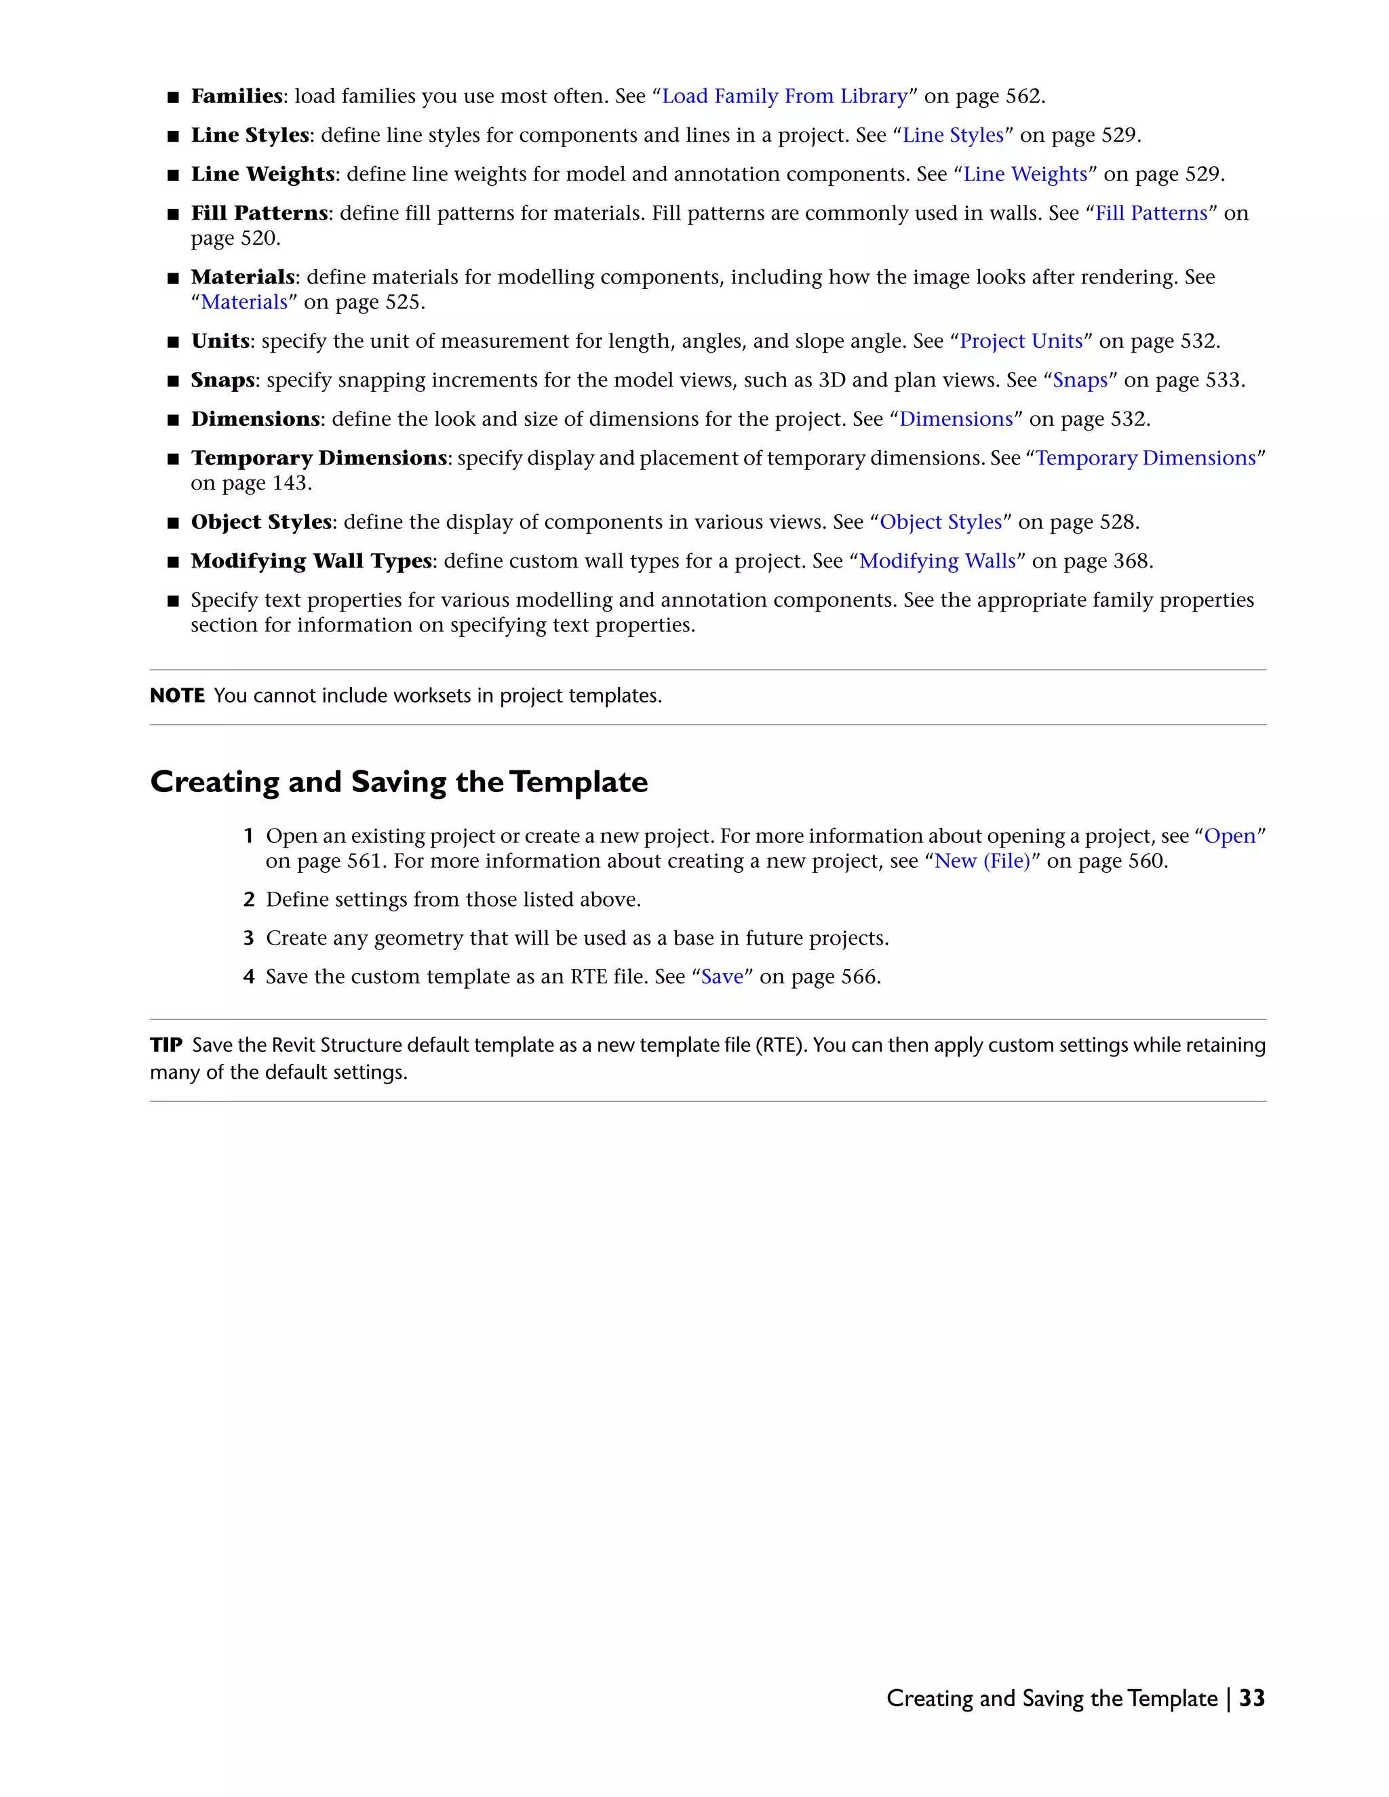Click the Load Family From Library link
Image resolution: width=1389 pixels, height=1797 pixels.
(x=784, y=96)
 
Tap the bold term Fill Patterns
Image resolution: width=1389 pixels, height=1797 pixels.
(x=259, y=213)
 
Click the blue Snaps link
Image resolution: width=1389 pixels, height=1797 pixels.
(x=1080, y=380)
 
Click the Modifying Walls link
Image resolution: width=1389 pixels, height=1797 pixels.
(x=937, y=561)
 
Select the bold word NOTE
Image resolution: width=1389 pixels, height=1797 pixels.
(x=177, y=696)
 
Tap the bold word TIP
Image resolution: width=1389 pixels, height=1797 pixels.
(x=165, y=1045)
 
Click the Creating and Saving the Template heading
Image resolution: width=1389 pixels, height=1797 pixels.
(x=398, y=782)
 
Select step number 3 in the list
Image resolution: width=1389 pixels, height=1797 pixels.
(x=248, y=938)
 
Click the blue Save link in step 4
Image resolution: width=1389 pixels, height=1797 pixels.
(x=722, y=976)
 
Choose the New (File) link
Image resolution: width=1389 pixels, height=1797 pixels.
(x=981, y=861)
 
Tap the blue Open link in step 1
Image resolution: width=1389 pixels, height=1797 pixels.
(x=1230, y=836)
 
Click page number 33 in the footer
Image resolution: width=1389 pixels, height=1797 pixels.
(x=1251, y=1698)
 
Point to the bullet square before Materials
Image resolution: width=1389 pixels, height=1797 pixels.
(x=173, y=278)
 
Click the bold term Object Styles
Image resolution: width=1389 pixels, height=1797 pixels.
(x=261, y=522)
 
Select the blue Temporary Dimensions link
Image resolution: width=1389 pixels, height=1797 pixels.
(x=1146, y=458)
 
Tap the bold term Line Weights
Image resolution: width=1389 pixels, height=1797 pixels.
(x=262, y=174)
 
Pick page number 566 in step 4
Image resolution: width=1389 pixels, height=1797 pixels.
(x=858, y=976)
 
